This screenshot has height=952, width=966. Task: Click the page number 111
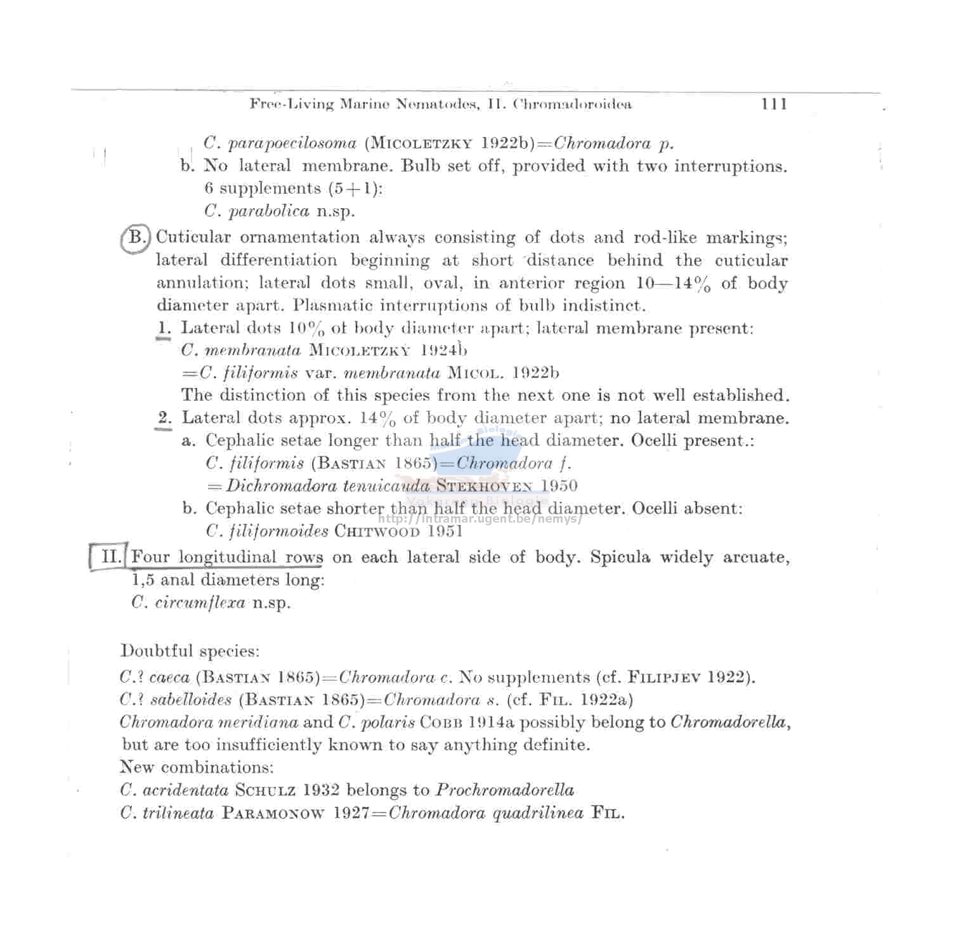774,105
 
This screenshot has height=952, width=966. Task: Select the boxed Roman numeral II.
110,558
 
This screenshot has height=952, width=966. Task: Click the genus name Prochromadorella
506,790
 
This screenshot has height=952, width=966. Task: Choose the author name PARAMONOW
273,813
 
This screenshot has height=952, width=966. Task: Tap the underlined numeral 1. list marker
164,329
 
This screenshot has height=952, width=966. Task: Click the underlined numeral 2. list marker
164,418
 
